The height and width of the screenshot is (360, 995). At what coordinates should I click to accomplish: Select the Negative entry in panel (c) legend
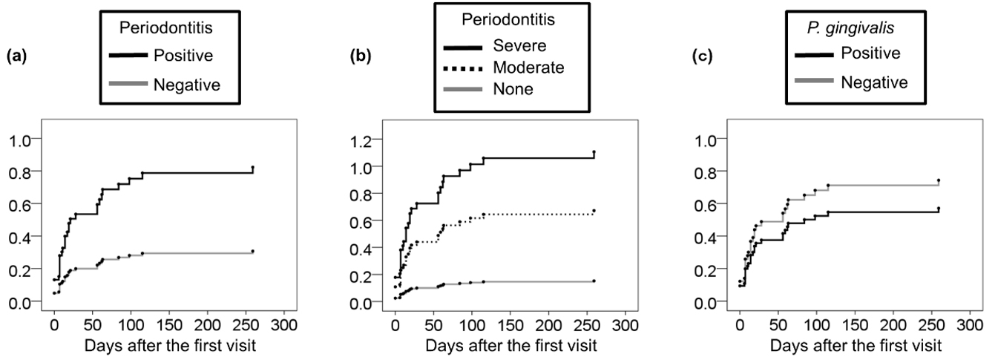[x=874, y=82]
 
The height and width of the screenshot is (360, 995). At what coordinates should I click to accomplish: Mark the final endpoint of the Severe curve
[x=594, y=152]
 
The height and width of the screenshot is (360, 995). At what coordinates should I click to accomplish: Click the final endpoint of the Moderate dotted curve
[x=594, y=210]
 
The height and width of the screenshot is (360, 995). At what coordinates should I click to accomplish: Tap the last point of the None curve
[x=594, y=281]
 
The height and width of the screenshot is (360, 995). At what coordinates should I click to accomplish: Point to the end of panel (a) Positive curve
[x=253, y=168]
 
